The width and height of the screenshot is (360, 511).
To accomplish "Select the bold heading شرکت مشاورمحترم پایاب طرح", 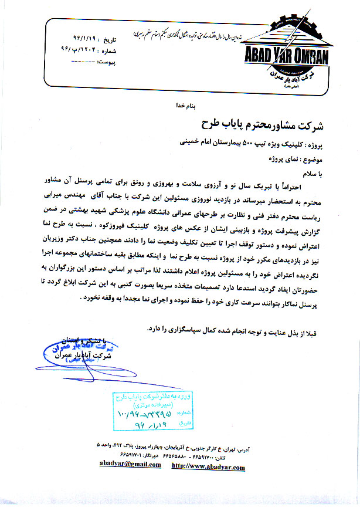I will point(263,124).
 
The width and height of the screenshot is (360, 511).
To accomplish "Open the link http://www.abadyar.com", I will point(208,466).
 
